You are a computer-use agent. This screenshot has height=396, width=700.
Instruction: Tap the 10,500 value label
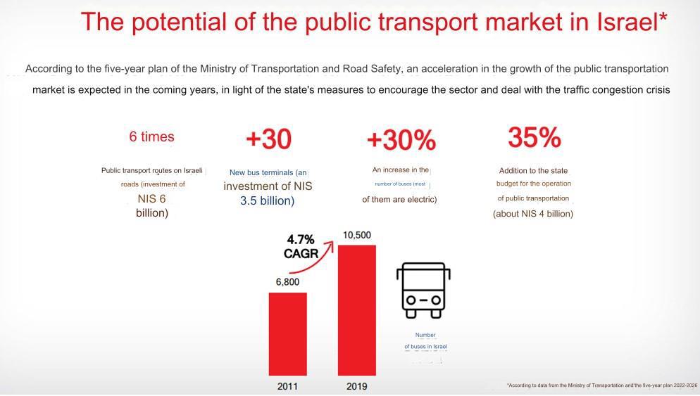(x=356, y=235)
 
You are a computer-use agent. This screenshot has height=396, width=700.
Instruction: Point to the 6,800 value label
(x=287, y=282)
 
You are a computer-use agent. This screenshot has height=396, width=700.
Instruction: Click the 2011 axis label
(x=287, y=386)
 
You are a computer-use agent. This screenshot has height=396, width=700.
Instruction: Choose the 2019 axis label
(x=356, y=386)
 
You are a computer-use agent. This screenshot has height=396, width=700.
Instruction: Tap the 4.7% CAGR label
(x=301, y=247)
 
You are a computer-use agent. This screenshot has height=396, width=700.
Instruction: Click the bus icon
(x=423, y=290)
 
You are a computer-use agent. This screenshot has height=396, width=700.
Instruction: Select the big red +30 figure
(x=268, y=139)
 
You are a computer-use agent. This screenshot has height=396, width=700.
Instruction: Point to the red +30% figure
(x=401, y=141)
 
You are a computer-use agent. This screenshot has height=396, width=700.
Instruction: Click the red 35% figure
(x=534, y=138)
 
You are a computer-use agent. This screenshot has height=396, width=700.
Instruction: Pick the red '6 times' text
(x=151, y=136)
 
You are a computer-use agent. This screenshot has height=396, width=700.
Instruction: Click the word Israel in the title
(x=627, y=22)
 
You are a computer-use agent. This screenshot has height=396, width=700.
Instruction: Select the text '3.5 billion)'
(x=268, y=201)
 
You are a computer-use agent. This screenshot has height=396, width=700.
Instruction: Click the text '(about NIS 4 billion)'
(x=533, y=214)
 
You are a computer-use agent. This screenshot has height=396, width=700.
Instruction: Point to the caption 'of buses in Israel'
(x=425, y=347)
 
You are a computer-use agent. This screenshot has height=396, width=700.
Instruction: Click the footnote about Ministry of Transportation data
(x=601, y=385)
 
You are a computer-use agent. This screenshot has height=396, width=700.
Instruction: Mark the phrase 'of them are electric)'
(x=399, y=200)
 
